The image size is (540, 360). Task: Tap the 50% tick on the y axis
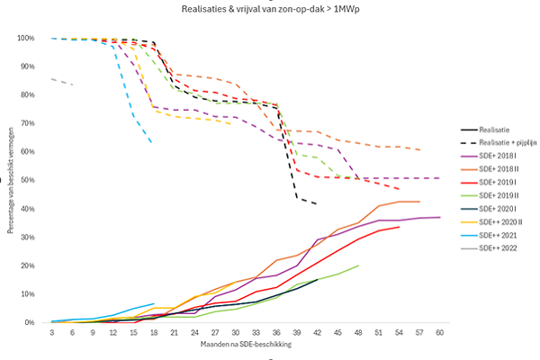click(29, 181)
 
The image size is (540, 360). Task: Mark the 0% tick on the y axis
click(31, 322)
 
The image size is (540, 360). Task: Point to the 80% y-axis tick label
click(29, 95)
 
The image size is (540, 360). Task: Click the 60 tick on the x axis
click(439, 332)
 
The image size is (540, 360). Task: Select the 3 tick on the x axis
click(52, 332)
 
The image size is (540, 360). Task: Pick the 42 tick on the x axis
click(317, 332)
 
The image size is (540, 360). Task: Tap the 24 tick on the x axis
click(194, 332)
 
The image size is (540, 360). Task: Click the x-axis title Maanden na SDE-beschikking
click(246, 345)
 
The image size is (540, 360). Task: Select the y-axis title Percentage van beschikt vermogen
click(10, 180)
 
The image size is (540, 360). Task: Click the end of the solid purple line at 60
click(439, 217)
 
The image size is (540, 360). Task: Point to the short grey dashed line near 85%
click(63, 81)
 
